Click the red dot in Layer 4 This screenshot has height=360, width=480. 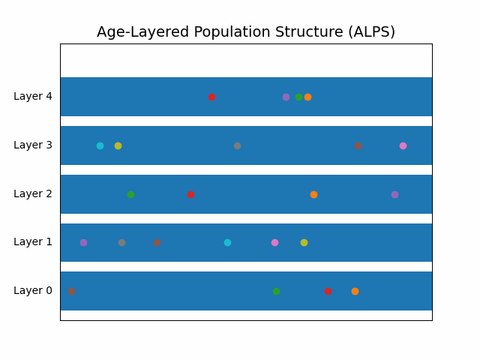coord(211,97)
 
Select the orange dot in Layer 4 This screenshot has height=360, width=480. coord(307,97)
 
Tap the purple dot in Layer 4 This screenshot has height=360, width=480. coord(286,97)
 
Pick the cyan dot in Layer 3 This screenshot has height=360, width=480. coord(100,145)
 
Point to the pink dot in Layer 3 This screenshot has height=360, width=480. coord(403,145)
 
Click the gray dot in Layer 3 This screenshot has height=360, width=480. coord(237,145)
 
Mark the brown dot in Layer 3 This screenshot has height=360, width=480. coord(358,145)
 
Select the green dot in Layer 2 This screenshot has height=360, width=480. coord(130,194)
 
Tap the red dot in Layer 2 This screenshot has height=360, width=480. coord(190,194)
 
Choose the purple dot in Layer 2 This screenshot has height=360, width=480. coord(394,194)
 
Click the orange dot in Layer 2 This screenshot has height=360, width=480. coord(313,194)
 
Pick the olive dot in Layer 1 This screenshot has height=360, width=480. coord(304,242)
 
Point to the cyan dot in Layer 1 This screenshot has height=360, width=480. coord(227,242)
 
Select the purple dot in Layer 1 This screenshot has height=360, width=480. coord(83,242)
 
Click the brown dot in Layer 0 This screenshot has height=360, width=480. coord(71,291)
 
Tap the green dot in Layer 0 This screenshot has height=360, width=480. coord(276,291)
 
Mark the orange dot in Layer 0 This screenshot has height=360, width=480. coord(355,291)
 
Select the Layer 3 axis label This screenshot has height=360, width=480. coord(33,145)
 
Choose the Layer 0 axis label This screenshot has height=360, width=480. coord(33,291)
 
